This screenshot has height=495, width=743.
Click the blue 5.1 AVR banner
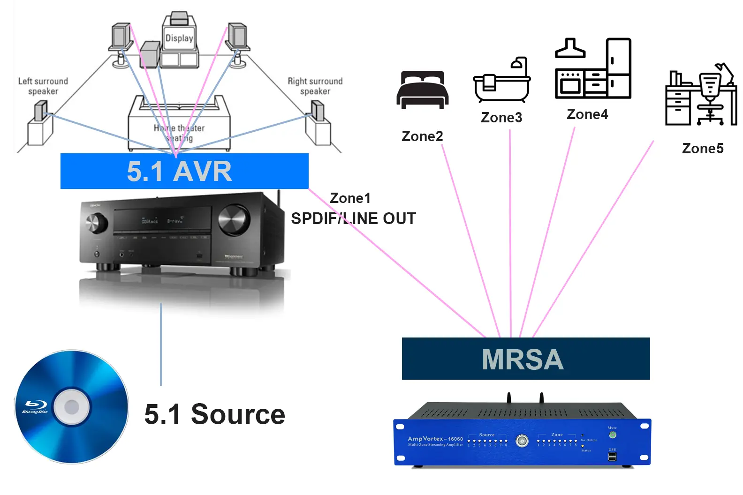coord(184,171)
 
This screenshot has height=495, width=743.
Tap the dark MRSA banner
coord(525,359)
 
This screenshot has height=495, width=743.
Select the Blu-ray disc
coord(72,406)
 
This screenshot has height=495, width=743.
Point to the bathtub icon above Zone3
coord(501,80)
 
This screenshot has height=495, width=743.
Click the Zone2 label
coord(422,136)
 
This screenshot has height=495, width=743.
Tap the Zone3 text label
coord(501,118)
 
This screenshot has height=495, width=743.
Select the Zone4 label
coord(587,114)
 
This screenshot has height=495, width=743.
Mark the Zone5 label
coord(703,149)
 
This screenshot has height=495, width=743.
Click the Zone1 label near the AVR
coord(350,198)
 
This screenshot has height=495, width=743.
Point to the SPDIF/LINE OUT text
coord(353,218)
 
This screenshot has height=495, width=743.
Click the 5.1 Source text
coord(214,414)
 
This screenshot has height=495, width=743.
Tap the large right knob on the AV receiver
coord(234,219)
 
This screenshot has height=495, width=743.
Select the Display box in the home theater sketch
coord(179,38)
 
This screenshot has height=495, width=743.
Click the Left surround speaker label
coord(43,86)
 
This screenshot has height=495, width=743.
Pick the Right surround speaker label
coord(315,86)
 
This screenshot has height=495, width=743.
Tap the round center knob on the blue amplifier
coord(522,441)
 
